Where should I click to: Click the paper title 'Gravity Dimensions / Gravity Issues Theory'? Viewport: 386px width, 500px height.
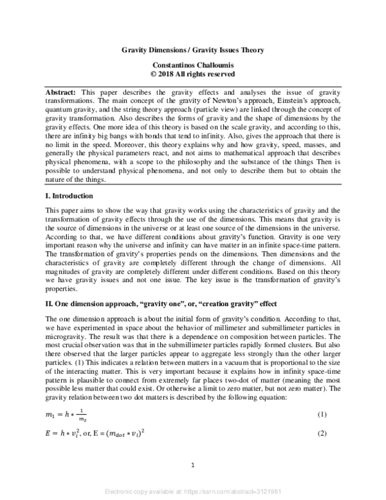point(194,50)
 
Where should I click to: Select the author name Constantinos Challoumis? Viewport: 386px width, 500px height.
point(194,65)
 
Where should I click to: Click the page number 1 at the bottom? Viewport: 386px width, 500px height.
point(193,466)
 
